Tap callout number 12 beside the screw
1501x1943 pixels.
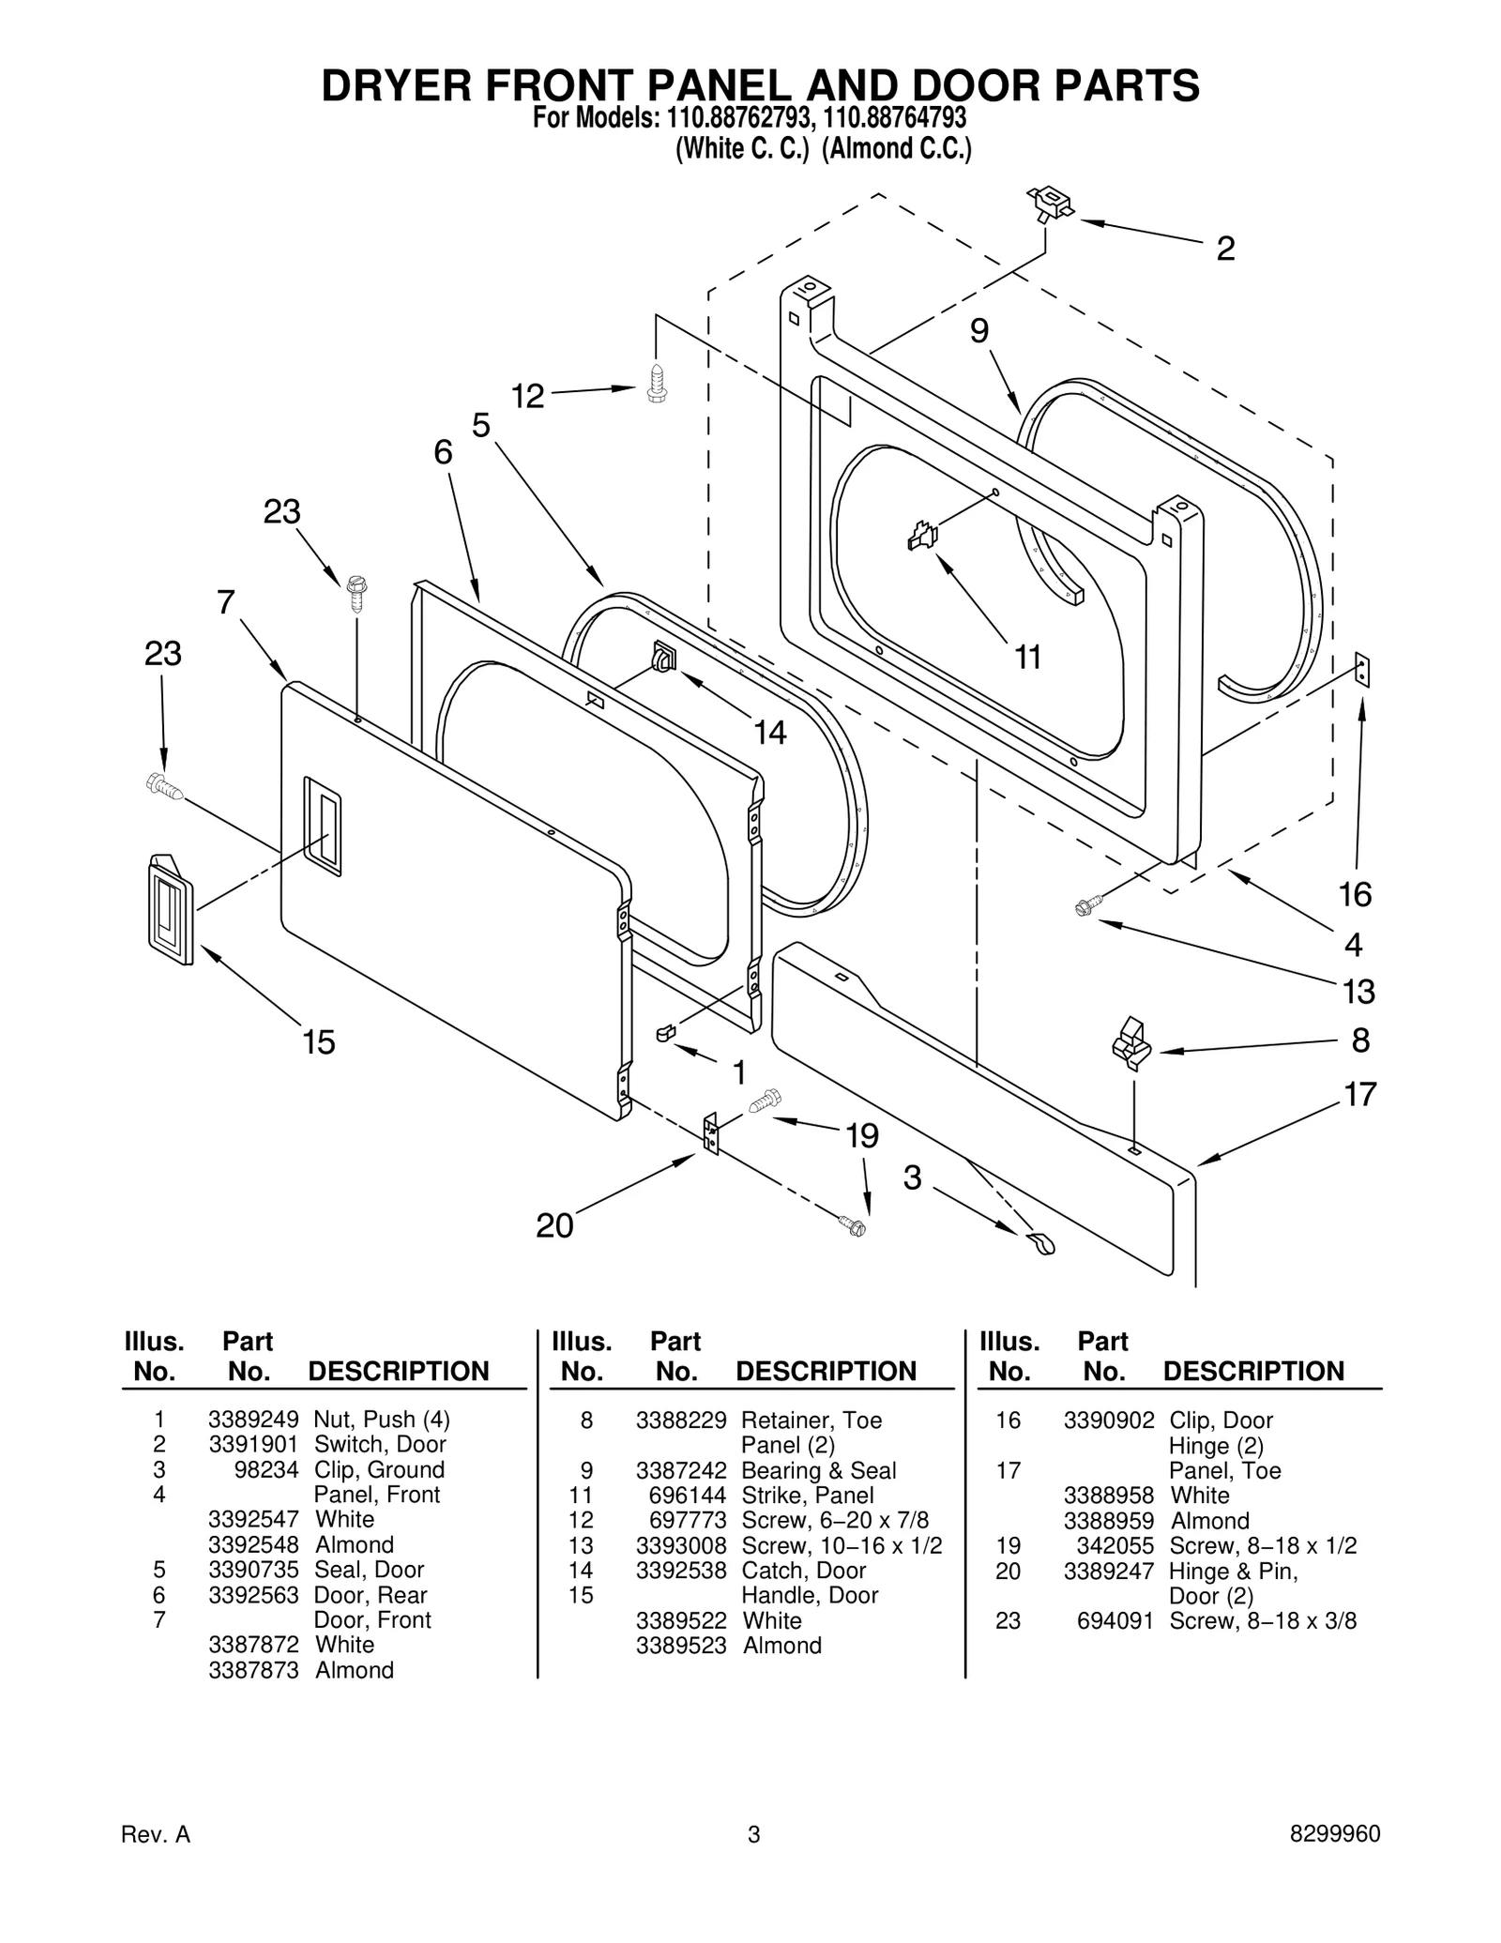coord(527,396)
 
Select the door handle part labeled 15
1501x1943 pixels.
coord(171,909)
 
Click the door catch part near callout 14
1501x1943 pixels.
coord(663,657)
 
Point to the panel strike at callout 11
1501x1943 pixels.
coord(922,537)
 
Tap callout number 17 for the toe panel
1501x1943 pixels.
coord(1360,1094)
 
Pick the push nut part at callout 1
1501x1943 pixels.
coord(665,1033)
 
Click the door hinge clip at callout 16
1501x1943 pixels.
coord(1362,671)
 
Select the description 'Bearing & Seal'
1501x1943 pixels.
coord(818,1470)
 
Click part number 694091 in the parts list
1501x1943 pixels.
coord(1114,1620)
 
